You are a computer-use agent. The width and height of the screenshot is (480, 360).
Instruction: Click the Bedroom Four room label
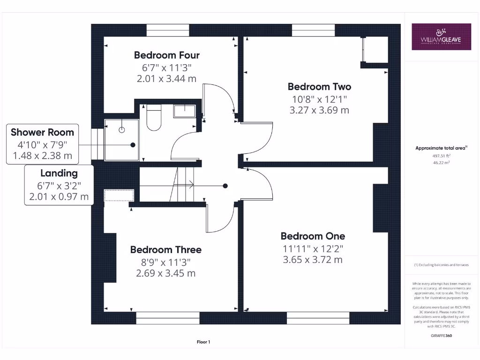tap(166, 55)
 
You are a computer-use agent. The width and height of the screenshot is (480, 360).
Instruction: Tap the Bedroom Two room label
tap(319, 87)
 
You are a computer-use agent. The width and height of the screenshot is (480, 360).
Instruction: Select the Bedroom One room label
tap(313, 236)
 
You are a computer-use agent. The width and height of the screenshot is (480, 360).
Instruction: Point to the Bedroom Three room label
tap(166, 250)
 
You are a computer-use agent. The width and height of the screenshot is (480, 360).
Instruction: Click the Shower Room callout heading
tap(42, 132)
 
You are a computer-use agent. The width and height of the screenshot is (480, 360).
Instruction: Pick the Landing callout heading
tap(59, 173)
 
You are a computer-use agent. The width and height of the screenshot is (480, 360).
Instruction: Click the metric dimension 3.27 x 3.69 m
tap(319, 111)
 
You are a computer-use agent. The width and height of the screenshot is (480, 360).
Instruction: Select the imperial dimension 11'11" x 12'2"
tap(313, 248)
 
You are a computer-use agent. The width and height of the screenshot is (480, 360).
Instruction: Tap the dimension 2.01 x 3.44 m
tap(166, 79)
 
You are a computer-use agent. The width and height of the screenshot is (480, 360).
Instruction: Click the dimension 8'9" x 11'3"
tap(166, 262)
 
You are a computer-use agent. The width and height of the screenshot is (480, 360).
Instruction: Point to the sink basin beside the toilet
tap(185, 111)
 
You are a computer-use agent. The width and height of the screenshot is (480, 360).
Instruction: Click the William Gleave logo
tap(441, 37)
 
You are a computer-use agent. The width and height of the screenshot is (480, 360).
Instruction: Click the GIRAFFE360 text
tap(441, 336)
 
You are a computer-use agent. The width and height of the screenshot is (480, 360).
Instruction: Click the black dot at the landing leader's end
tap(225, 186)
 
